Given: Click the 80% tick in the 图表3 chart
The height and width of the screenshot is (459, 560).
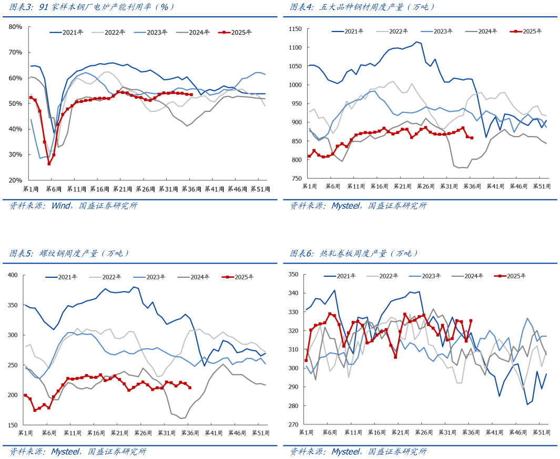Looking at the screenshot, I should (15, 27).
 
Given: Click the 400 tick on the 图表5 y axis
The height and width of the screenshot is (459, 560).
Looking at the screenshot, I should (13, 275).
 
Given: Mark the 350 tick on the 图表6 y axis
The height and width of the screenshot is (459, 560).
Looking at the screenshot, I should (293, 275).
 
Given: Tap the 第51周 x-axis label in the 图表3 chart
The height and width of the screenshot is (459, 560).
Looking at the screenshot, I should (260, 189).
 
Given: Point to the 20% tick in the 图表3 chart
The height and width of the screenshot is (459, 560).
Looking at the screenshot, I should (15, 180).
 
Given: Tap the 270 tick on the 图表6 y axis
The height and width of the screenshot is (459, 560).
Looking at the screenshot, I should (293, 424).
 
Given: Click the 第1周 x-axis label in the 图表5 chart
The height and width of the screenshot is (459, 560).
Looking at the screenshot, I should (27, 433).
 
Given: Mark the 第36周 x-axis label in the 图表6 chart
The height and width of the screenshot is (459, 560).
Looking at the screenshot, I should (470, 432).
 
